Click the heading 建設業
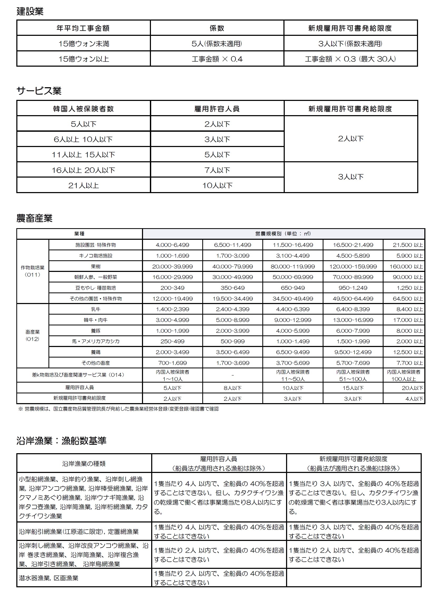tap(30, 11)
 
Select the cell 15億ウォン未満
tap(84, 43)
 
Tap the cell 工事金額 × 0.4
tap(217, 59)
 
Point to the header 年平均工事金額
tap(84, 28)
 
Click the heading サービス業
tap(39, 91)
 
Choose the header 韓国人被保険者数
tap(84, 109)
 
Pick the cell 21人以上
tap(84, 185)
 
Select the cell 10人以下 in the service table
tap(217, 185)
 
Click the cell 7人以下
tap(217, 170)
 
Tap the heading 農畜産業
tap(34, 218)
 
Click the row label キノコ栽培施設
tap(96, 256)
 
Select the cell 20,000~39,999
tap(172, 266)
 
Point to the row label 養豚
tap(96, 331)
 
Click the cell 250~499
tap(172, 341)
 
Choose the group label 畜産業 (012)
tap(32, 335)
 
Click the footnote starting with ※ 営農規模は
tap(119, 409)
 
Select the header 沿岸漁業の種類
tap(84, 464)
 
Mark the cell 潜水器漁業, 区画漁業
tap(48, 578)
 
